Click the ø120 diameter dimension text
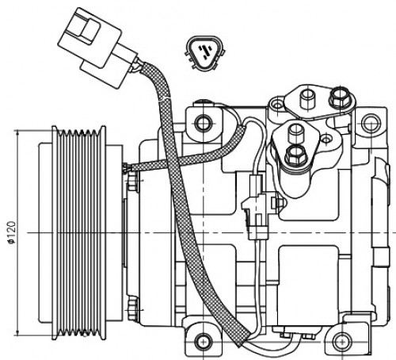12,232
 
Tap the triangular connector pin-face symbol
205,53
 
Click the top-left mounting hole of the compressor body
203,122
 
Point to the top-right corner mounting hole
371,123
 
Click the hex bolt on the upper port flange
340,98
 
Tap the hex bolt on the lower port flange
295,155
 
